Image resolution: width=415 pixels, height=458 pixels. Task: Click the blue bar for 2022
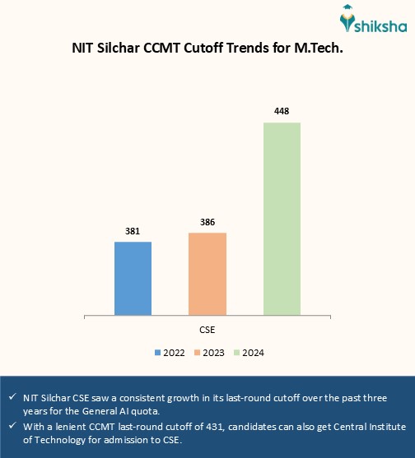pyautogui.click(x=133, y=277)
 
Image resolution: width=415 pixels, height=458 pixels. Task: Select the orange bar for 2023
pyautogui.click(x=207, y=273)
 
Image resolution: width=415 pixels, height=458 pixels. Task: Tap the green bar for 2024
pyautogui.click(x=282, y=218)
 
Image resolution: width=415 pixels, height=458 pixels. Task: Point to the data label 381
pyautogui.click(x=133, y=231)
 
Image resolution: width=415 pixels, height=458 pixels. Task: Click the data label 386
pyautogui.click(x=207, y=222)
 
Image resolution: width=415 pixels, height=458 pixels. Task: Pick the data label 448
pyautogui.click(x=282, y=111)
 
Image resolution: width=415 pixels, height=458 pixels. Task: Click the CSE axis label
pyautogui.click(x=207, y=329)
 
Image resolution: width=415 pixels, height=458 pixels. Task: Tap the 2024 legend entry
pyautogui.click(x=249, y=353)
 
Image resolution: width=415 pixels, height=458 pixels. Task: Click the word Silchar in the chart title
pyautogui.click(x=125, y=49)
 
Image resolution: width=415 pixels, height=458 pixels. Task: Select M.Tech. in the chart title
pyautogui.click(x=316, y=49)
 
